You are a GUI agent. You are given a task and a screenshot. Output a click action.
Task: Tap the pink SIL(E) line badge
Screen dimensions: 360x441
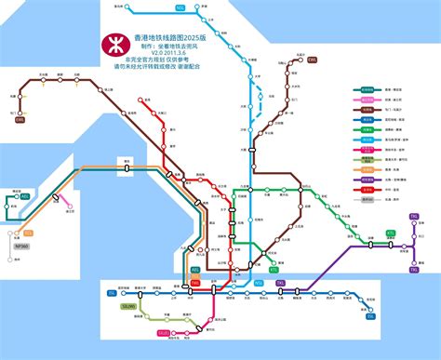[x=164, y=332]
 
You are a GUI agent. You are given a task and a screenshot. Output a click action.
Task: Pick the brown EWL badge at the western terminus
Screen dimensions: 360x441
[x=20, y=119]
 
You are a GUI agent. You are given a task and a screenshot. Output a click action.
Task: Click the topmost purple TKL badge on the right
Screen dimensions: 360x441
[x=413, y=216]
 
